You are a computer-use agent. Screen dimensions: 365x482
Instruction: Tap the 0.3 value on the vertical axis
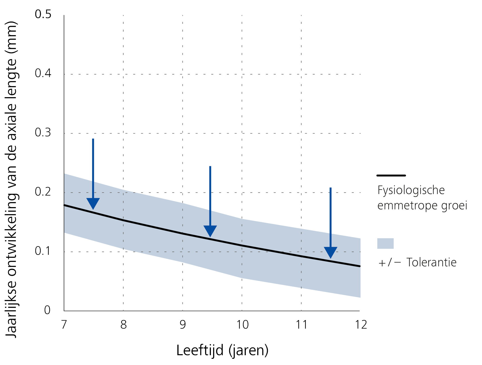click(43, 132)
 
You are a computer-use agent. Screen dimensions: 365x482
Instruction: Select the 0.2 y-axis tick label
click(43, 192)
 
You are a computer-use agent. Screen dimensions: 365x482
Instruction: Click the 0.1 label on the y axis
click(43, 251)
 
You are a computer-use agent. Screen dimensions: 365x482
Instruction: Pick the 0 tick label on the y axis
click(47, 310)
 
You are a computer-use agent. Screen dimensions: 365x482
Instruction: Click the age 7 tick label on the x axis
click(64, 325)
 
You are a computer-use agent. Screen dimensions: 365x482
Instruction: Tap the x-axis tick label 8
click(123, 325)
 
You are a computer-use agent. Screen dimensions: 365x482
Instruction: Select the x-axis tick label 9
click(183, 325)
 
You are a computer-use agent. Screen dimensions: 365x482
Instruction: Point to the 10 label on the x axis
click(242, 325)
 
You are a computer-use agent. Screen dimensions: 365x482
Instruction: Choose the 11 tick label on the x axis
click(301, 325)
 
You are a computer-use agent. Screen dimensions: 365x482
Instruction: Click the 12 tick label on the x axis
click(361, 325)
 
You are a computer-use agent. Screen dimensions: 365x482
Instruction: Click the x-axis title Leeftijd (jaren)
click(222, 350)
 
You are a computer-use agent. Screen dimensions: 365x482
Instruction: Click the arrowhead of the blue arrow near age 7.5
click(93, 203)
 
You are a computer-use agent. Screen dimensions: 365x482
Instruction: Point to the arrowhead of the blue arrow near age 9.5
click(210, 230)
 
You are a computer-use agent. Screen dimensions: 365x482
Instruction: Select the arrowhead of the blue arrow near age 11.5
click(330, 252)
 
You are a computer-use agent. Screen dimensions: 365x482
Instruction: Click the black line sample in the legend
click(391, 175)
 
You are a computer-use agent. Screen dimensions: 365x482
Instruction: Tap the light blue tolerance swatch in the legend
click(385, 243)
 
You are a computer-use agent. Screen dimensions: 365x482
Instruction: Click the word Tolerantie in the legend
click(431, 263)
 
